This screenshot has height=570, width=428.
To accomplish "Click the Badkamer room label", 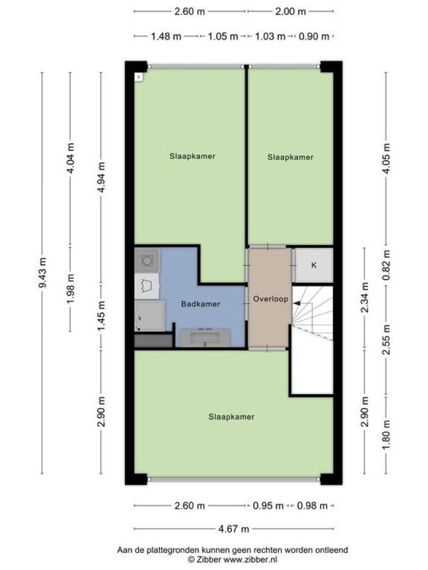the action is click(x=200, y=304).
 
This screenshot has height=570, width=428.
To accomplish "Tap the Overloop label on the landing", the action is click(x=270, y=299).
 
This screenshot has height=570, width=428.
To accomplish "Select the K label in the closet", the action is click(x=314, y=265).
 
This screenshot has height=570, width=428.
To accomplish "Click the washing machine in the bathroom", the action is click(x=147, y=260).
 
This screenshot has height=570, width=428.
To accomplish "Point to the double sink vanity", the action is click(x=205, y=337).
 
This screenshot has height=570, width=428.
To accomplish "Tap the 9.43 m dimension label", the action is click(x=43, y=273).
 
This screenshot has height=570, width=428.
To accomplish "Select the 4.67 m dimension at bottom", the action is click(x=234, y=529).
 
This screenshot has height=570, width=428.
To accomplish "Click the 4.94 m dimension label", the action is click(x=101, y=177).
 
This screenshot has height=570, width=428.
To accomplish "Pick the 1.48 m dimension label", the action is click(x=166, y=36).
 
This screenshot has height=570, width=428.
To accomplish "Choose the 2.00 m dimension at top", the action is click(x=290, y=11).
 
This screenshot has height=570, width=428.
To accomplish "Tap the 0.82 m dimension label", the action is click(x=386, y=265).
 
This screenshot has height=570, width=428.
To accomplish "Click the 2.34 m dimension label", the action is click(x=365, y=297).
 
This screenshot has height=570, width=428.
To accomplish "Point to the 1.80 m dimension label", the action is click(x=386, y=435).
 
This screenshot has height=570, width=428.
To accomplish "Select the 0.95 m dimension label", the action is click(x=268, y=506).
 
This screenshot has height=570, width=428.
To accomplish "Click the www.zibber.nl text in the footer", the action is click(x=250, y=559).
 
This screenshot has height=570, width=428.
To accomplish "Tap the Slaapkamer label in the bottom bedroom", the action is click(x=231, y=417).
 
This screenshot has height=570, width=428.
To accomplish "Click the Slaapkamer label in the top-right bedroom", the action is click(x=290, y=157).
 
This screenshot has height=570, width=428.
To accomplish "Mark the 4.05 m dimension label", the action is click(x=386, y=158).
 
